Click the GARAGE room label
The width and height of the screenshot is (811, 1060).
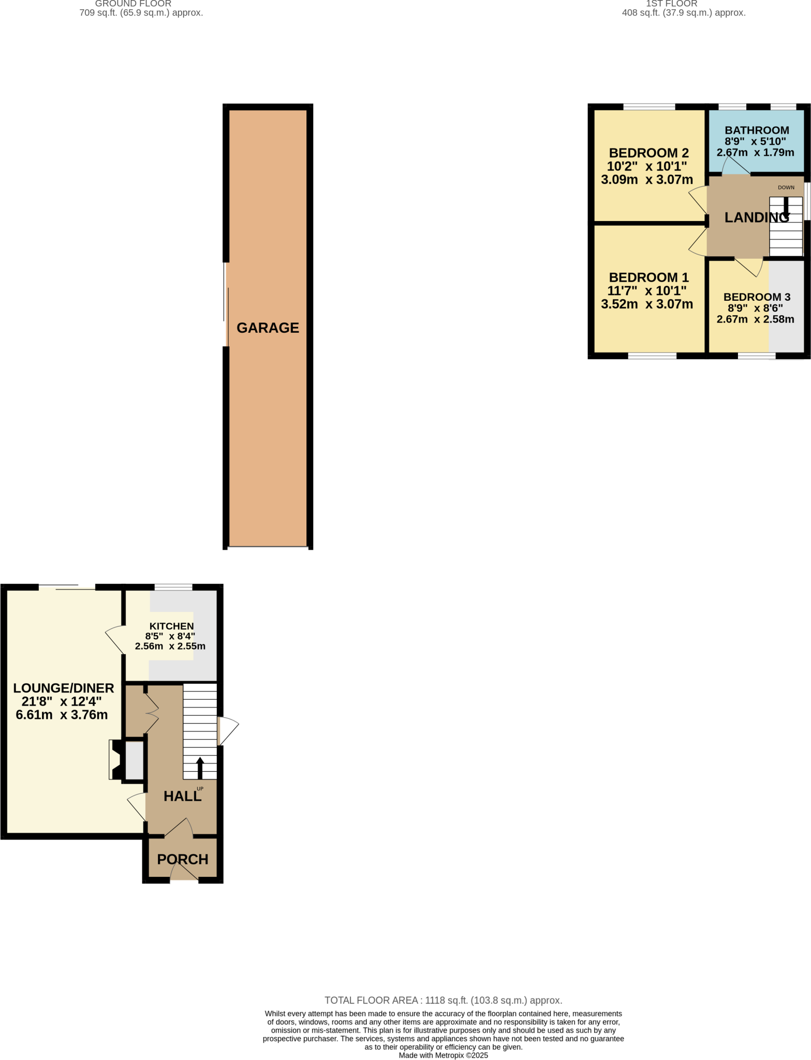point(268,328)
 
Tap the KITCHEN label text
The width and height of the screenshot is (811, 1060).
point(171,626)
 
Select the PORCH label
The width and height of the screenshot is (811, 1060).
point(183,859)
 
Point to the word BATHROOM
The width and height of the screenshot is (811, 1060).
point(757,130)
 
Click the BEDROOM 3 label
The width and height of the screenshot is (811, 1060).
point(757,297)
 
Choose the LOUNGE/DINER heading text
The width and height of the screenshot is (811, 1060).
point(64,688)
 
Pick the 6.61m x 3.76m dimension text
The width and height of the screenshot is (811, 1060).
point(62,715)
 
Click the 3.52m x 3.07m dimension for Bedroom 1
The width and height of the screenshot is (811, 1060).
point(647,304)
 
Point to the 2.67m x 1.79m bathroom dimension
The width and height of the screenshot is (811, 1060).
point(755,153)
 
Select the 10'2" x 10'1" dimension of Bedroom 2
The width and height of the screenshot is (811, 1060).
point(647,167)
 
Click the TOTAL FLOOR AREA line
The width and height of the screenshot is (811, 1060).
point(443,1000)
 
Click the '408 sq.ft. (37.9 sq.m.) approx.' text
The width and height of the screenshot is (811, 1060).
point(684,13)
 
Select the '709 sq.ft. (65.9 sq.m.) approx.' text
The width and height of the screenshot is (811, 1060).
point(141,13)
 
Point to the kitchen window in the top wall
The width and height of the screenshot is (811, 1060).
point(173,587)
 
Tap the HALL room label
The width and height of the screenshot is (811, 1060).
point(182,797)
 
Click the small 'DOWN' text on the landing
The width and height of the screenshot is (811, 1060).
point(786,187)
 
